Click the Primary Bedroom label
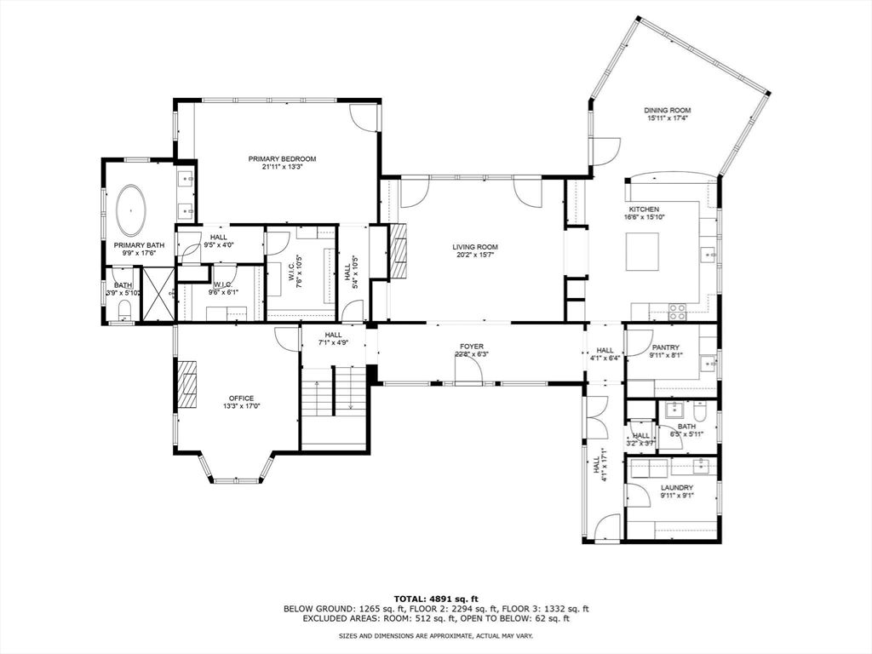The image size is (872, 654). tap(282, 159)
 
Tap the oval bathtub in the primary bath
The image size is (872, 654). tap(130, 210)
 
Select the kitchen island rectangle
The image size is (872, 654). tap(642, 251)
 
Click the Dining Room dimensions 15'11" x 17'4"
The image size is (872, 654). tap(667, 119)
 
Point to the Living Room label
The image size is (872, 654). tap(474, 247)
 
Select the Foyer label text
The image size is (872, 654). tap(472, 347)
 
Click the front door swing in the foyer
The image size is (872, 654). tap(468, 370)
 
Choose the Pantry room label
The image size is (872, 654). tap(665, 347)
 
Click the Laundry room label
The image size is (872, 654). tap(676, 488)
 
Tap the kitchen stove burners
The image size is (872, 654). tap(677, 312)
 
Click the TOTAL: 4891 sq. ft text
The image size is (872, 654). tap(435, 598)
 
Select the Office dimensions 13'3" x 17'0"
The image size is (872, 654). tap(241, 406)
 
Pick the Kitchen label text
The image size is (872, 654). tap(644, 209)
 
